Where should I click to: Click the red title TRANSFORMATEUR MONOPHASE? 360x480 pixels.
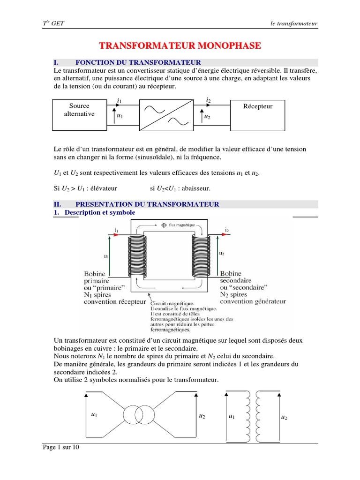coord(180,45)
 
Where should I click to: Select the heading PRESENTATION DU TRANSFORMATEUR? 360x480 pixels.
coord(147,204)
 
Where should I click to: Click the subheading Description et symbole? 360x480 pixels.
coord(100,212)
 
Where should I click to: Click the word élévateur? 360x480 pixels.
coord(103,188)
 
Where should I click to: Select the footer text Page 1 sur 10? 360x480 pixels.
coord(61,448)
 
